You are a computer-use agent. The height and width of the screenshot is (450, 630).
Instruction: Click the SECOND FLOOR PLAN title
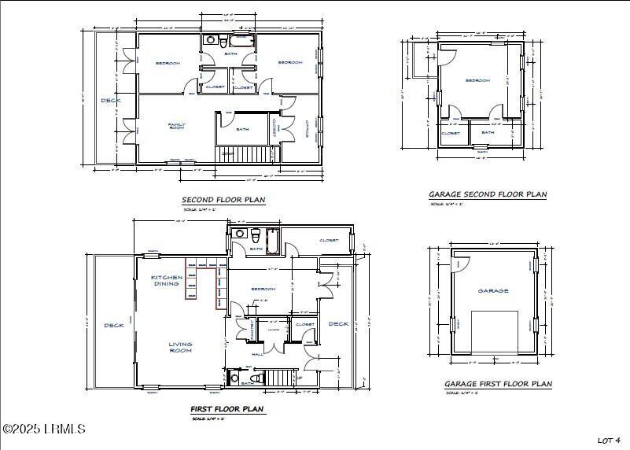coord(223,200)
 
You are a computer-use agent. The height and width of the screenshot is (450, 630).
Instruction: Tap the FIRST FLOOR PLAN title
coord(227,409)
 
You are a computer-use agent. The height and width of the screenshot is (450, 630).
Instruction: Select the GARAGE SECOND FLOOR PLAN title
coord(487,194)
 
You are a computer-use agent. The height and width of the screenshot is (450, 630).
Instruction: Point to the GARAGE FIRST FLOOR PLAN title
coord(498,384)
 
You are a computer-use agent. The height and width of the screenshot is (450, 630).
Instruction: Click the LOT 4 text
coord(609,440)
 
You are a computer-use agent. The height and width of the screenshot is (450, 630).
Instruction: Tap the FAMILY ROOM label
coord(176,125)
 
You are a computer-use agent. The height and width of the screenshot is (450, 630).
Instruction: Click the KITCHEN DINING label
coord(167,280)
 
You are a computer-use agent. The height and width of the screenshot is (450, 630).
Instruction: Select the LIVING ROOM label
coord(180,347)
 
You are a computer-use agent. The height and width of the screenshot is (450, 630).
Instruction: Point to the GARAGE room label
coord(493,290)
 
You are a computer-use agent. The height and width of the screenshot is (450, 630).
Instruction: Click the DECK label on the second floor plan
coord(109,101)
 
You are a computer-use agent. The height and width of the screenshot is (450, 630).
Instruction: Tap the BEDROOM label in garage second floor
coord(477,80)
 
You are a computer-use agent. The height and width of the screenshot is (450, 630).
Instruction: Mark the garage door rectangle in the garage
coord(495,330)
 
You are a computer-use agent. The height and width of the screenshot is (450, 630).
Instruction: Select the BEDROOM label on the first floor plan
coord(263,289)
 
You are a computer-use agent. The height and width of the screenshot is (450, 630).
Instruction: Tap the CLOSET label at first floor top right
coord(329,240)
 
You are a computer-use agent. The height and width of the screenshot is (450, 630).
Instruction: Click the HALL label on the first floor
coord(257,354)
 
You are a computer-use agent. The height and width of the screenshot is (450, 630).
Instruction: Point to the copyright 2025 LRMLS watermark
coord(44,429)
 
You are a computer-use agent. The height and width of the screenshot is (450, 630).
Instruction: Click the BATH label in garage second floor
coord(488,132)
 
